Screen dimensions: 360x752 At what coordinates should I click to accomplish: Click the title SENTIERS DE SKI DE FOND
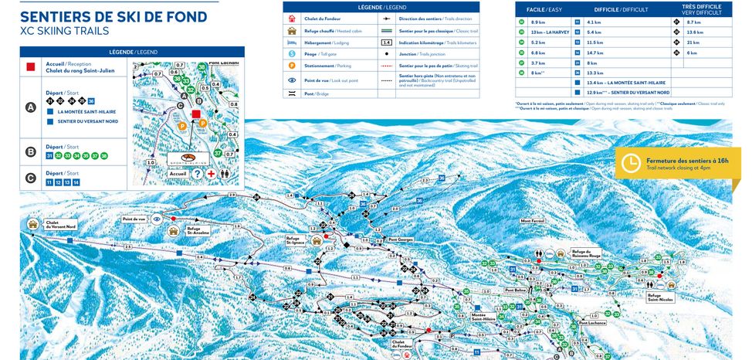coord(113,17)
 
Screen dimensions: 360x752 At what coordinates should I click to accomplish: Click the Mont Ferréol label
coord(532,221)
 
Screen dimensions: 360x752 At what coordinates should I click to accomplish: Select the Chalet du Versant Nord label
coord(61,225)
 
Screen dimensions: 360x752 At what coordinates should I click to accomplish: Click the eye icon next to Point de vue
coord(157,219)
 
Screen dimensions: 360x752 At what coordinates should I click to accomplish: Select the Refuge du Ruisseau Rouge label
coord(586,253)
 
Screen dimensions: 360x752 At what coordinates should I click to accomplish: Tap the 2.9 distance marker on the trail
coord(232,195)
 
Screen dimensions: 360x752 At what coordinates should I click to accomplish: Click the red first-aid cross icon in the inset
coord(211,175)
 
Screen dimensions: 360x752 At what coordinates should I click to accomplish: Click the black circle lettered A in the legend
coord(31,107)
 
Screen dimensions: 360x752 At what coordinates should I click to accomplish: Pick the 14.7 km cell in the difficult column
coord(599,53)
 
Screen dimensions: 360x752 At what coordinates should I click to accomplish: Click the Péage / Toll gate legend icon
coord(292,54)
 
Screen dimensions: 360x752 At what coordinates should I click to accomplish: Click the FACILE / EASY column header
coord(543,9)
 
